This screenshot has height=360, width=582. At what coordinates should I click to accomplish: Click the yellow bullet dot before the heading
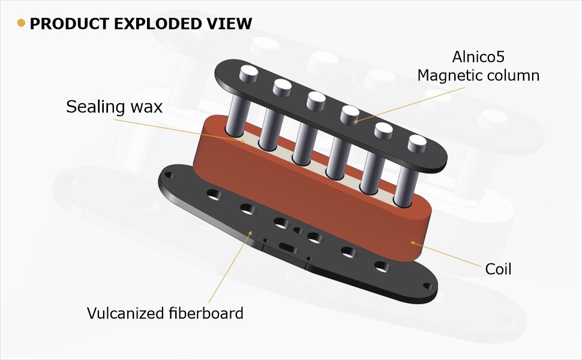[x=22, y=23]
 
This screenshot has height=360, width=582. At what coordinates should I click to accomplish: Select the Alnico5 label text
[x=478, y=57]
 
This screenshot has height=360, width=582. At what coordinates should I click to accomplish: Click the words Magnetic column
[x=478, y=76]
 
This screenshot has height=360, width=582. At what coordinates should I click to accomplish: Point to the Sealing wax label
[x=114, y=107]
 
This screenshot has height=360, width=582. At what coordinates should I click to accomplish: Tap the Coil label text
[x=498, y=269]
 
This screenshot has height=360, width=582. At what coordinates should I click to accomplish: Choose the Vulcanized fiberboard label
[x=165, y=313]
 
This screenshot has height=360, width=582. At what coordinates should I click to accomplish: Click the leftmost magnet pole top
[x=247, y=73]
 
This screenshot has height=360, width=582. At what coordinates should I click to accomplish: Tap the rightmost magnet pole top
[x=417, y=142]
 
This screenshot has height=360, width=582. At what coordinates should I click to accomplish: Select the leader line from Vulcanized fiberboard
[x=231, y=264]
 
